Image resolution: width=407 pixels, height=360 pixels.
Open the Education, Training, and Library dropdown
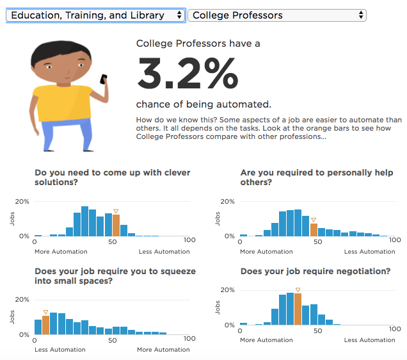[95, 15]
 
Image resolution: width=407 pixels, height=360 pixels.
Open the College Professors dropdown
[276, 15]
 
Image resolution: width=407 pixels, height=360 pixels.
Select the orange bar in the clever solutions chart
[116, 225]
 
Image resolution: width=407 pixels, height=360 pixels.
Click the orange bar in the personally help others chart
[314, 229]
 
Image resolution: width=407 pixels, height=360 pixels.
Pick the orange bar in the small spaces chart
[45, 325]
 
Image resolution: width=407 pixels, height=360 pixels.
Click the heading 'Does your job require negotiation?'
[315, 272]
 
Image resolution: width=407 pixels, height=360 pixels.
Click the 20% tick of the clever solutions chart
[23, 201]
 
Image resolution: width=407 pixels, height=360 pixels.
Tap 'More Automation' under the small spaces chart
[163, 350]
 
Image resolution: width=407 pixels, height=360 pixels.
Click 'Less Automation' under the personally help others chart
[369, 252]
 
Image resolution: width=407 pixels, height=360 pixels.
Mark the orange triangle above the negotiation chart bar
[298, 290]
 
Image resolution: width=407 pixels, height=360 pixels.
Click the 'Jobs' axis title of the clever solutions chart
[13, 218]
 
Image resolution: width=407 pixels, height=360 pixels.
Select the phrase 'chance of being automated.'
[203, 104]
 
